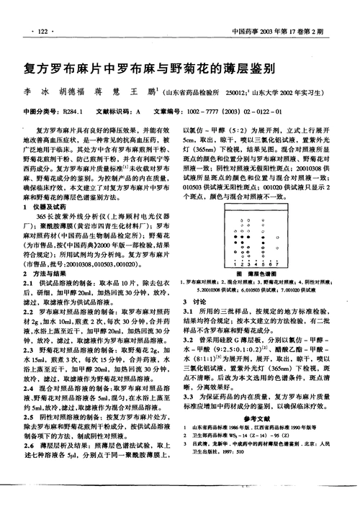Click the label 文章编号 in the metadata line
click(x=166, y=112)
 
